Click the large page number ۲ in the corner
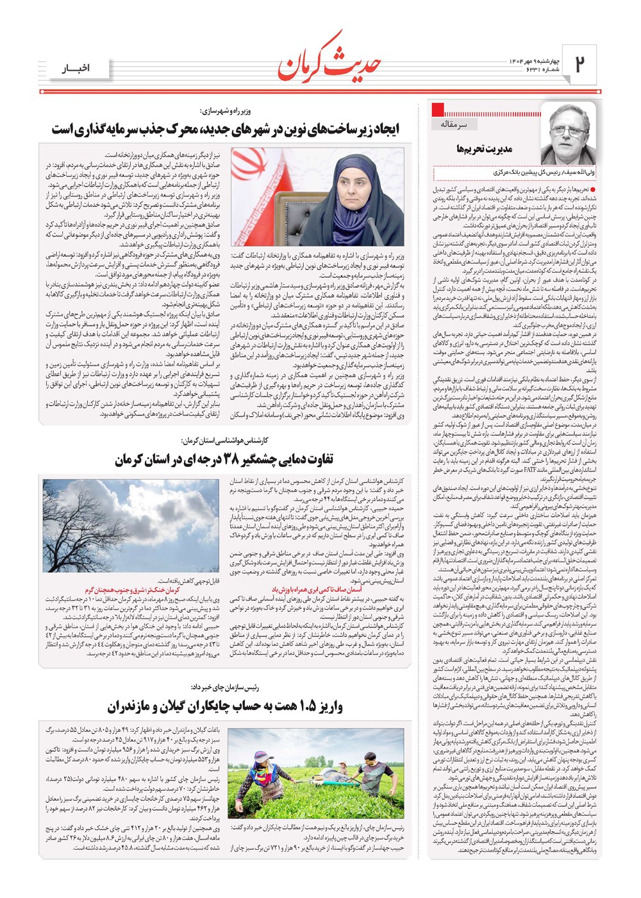579,64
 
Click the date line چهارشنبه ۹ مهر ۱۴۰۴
522,60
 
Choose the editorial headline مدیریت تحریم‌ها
484,149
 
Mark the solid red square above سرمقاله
438,108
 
